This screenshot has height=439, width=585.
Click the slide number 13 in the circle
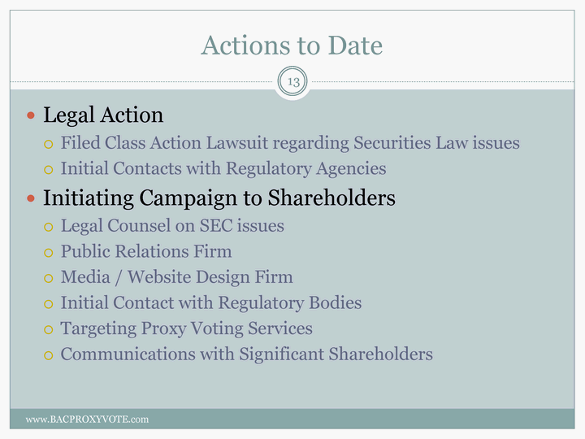coord(293,81)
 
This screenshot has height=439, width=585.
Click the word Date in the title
coord(355,46)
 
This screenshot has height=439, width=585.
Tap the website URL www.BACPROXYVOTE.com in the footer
coord(87,419)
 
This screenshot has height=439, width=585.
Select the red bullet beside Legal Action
coord(31,115)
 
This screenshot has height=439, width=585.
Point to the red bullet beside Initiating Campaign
coord(31,198)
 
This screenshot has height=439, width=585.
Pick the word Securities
coord(392,143)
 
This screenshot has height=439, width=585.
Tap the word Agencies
coord(351,169)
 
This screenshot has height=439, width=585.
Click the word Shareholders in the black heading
coord(331,198)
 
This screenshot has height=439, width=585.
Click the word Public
coord(85,251)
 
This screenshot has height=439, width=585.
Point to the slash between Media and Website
coord(119,278)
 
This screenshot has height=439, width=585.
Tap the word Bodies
coord(336,302)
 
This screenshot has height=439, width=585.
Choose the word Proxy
coord(163,329)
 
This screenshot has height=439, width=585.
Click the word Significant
coord(282,354)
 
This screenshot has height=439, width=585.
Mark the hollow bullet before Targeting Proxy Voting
coord(49,330)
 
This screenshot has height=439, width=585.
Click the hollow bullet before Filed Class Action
coord(49,144)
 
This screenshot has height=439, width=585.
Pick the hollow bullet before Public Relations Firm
coord(49,253)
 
